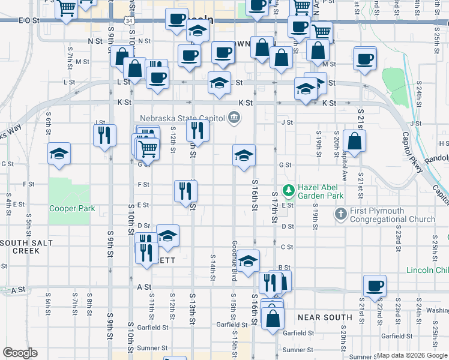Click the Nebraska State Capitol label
tap(182, 118)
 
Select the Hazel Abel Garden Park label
tap(321, 191)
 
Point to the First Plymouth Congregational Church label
tap(393, 215)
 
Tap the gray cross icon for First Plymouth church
tap(340, 214)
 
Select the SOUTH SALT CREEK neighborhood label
tap(26, 246)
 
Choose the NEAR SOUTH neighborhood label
tap(325, 317)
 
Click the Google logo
tap(19, 353)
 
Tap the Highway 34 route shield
tap(129, 20)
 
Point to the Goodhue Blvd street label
tap(235, 260)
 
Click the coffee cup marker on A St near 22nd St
tap(375, 286)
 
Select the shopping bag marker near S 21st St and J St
tap(355, 142)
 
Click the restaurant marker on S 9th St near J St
tap(104, 135)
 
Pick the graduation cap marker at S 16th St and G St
tap(244, 156)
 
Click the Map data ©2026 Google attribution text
tap(411, 355)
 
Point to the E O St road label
tap(29, 20)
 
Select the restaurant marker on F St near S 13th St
tap(185, 191)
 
